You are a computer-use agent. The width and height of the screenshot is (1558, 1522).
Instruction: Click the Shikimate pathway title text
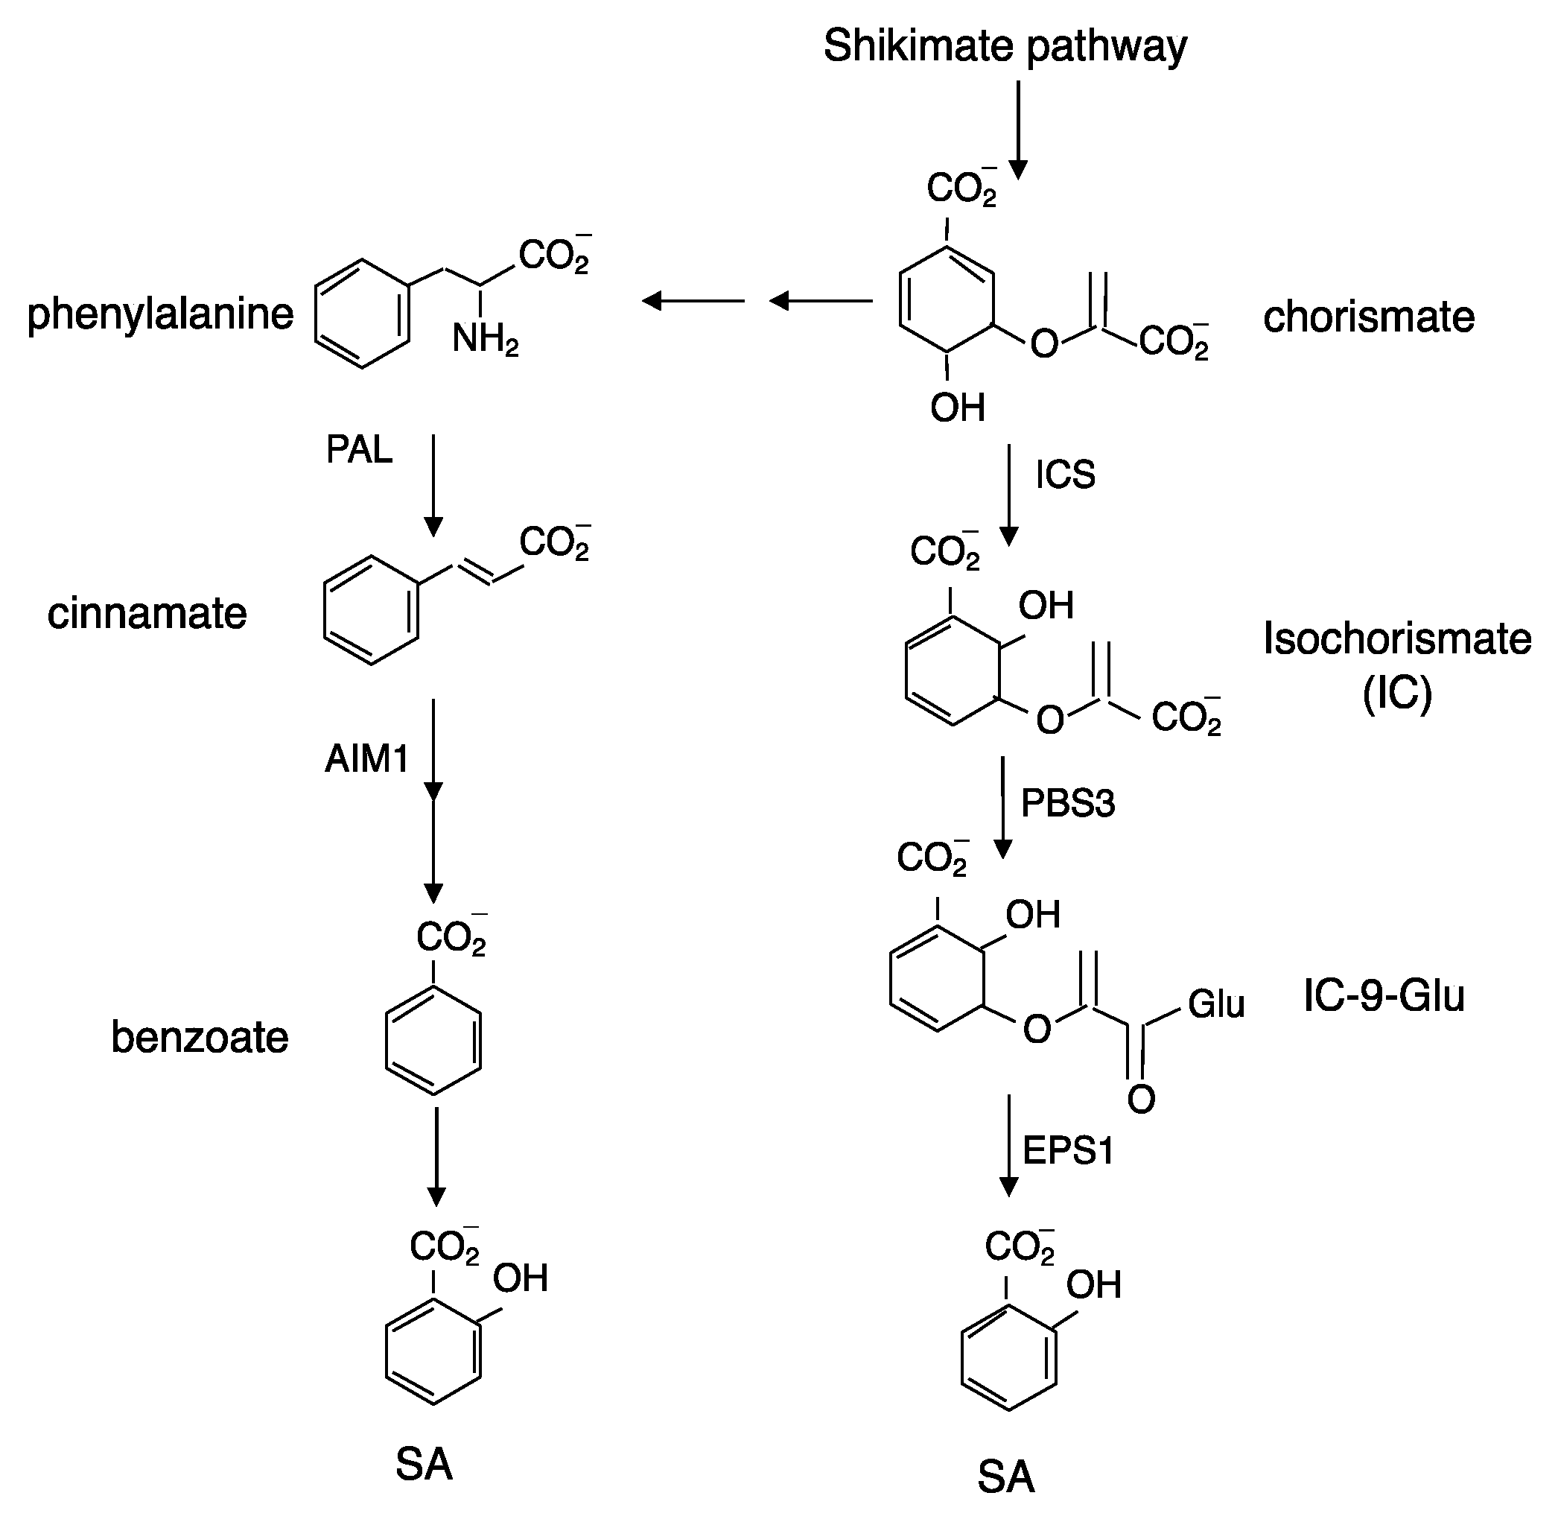pos(1005,45)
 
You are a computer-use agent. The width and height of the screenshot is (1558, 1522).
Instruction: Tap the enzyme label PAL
pos(359,450)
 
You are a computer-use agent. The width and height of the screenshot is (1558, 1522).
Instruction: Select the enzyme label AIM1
pos(366,758)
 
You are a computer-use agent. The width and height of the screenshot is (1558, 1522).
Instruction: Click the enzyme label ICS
pos(1065,475)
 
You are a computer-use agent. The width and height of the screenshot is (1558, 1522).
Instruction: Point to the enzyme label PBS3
pos(1067,803)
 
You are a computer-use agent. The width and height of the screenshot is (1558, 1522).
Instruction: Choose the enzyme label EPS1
pos(1067,1151)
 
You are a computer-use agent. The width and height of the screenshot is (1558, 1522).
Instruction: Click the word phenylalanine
pos(161,314)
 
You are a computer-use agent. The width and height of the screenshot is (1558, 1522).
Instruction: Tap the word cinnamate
pos(147,614)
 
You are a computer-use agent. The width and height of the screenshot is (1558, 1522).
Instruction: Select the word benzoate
pos(200,1038)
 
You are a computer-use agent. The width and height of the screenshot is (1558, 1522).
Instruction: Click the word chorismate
pos(1369,317)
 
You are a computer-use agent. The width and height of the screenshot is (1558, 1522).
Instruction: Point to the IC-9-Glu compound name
pos(1384,996)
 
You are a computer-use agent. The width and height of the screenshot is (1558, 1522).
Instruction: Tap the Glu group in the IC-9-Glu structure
pos(1216,1004)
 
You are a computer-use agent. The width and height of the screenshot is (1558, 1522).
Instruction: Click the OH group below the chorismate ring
pos(957,408)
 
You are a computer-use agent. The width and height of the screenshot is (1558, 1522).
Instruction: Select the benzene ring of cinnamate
pos(372,611)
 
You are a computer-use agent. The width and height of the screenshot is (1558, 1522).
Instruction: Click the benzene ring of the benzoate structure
pos(433,1040)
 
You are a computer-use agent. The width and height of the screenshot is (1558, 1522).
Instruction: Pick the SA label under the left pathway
pos(424,1465)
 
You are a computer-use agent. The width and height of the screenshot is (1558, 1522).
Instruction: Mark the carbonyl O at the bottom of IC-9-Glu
pos(1141,1100)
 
